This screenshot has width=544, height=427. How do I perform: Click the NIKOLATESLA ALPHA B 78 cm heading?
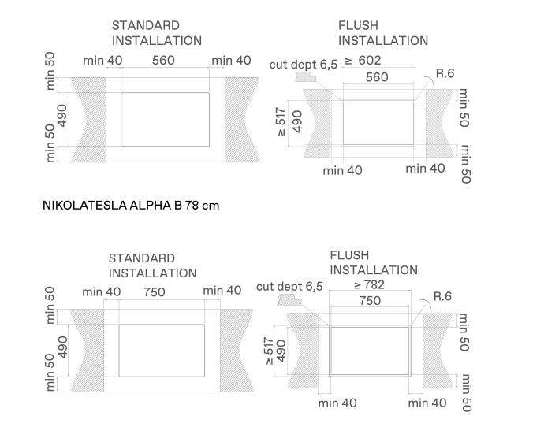pyautogui.click(x=131, y=205)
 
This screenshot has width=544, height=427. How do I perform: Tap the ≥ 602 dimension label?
pyautogui.click(x=363, y=61)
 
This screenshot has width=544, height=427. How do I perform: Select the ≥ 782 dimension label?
pyautogui.click(x=369, y=285)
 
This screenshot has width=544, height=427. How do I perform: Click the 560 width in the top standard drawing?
pyautogui.click(x=163, y=61)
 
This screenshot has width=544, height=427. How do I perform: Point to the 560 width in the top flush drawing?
pyautogui.click(x=377, y=77)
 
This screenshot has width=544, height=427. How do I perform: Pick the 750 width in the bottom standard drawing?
pyautogui.click(x=155, y=292)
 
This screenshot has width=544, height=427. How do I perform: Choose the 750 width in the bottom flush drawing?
pyautogui.click(x=371, y=300)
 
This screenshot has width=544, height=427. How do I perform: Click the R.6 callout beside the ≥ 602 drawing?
pyautogui.click(x=445, y=73)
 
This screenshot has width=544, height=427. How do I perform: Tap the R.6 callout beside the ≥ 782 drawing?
pyautogui.click(x=443, y=296)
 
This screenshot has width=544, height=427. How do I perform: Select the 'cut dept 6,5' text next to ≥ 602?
pyautogui.click(x=304, y=65)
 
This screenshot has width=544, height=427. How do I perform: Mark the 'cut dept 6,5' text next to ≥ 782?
pyautogui.click(x=289, y=287)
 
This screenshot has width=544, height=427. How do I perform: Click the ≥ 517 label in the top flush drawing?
pyautogui.click(x=281, y=121)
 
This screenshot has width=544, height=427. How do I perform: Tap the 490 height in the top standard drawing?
pyautogui.click(x=62, y=116)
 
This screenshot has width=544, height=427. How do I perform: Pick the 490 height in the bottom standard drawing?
pyautogui.click(x=62, y=347)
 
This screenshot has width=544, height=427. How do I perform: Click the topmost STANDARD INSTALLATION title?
pyautogui.click(x=156, y=33)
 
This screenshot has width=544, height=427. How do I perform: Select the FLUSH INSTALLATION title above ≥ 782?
pyautogui.click(x=374, y=262)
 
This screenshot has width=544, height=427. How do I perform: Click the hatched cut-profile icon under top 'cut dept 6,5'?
pyautogui.click(x=305, y=76)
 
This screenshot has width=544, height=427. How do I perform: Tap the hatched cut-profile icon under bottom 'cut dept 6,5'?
pyautogui.click(x=290, y=300)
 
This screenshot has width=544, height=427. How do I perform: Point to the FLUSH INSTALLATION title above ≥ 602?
pyautogui.click(x=383, y=33)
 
